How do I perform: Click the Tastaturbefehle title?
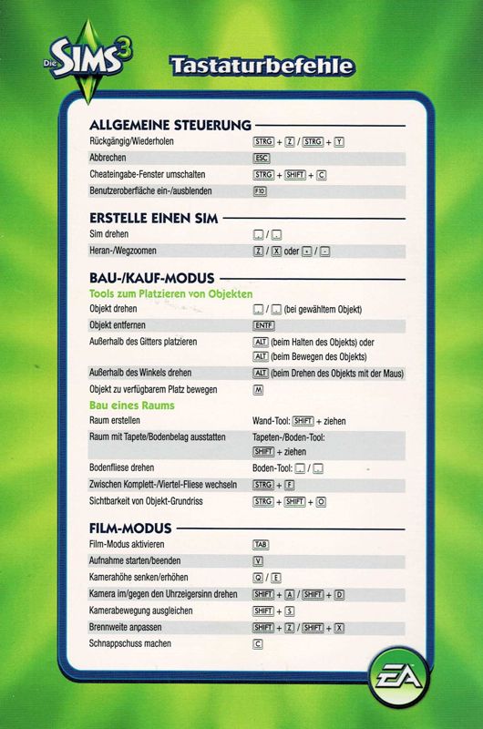(x=261, y=66)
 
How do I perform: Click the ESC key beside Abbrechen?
(x=262, y=158)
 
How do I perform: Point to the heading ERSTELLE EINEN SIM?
(x=154, y=219)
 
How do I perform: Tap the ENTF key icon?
(x=263, y=324)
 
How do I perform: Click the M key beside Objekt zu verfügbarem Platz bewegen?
(x=259, y=389)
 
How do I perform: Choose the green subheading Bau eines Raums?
(x=132, y=405)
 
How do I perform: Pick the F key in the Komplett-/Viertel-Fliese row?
(x=288, y=485)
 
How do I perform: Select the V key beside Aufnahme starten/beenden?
(x=259, y=560)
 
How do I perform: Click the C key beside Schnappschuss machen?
(x=259, y=644)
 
